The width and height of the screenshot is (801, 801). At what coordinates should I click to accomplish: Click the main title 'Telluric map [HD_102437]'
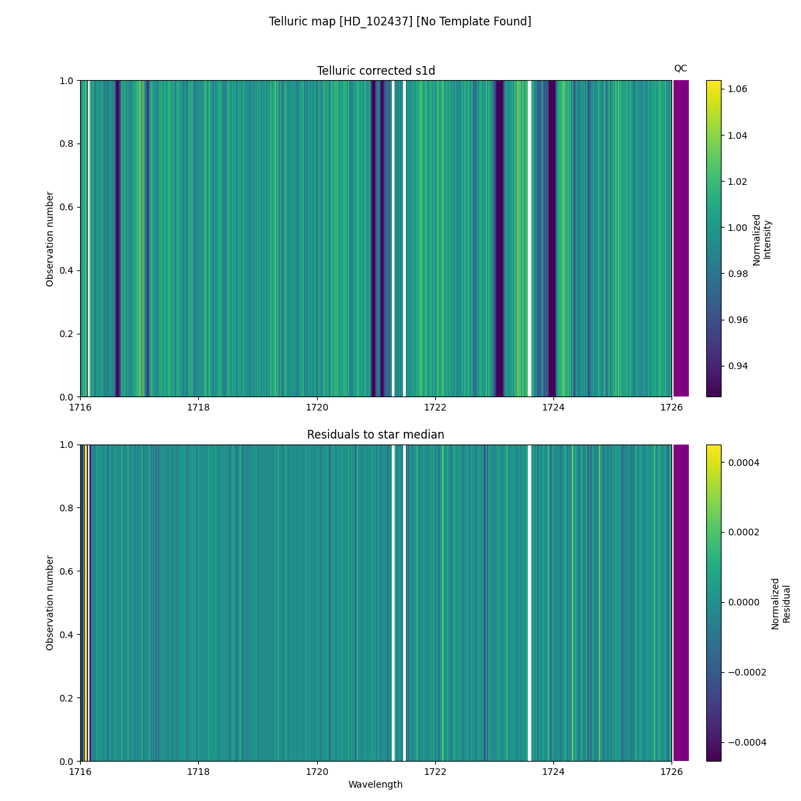pyautogui.click(x=400, y=21)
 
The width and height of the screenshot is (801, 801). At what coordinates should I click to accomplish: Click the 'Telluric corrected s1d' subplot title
pyautogui.click(x=376, y=71)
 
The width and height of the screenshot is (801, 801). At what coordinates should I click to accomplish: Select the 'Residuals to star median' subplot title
pyautogui.click(x=376, y=435)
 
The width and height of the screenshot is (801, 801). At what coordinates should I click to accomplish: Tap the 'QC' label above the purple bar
pyautogui.click(x=680, y=68)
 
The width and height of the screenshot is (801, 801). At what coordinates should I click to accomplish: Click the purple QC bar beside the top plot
pyautogui.click(x=681, y=238)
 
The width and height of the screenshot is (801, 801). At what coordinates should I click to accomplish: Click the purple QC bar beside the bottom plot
pyautogui.click(x=681, y=602)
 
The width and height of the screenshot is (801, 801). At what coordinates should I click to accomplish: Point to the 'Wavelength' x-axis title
pyautogui.click(x=376, y=784)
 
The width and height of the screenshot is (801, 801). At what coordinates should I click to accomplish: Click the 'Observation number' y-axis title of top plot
pyautogui.click(x=50, y=238)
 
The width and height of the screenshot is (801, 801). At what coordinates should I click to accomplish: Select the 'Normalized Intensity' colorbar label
pyautogui.click(x=761, y=239)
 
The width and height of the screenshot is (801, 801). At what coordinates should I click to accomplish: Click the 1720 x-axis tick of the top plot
pyautogui.click(x=317, y=407)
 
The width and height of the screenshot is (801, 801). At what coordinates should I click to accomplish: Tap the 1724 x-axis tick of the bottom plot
pyautogui.click(x=553, y=771)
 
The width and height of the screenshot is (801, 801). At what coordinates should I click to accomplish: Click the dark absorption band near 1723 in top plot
pyautogui.click(x=499, y=238)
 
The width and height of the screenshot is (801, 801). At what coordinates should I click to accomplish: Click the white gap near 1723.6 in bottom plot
pyautogui.click(x=529, y=602)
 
